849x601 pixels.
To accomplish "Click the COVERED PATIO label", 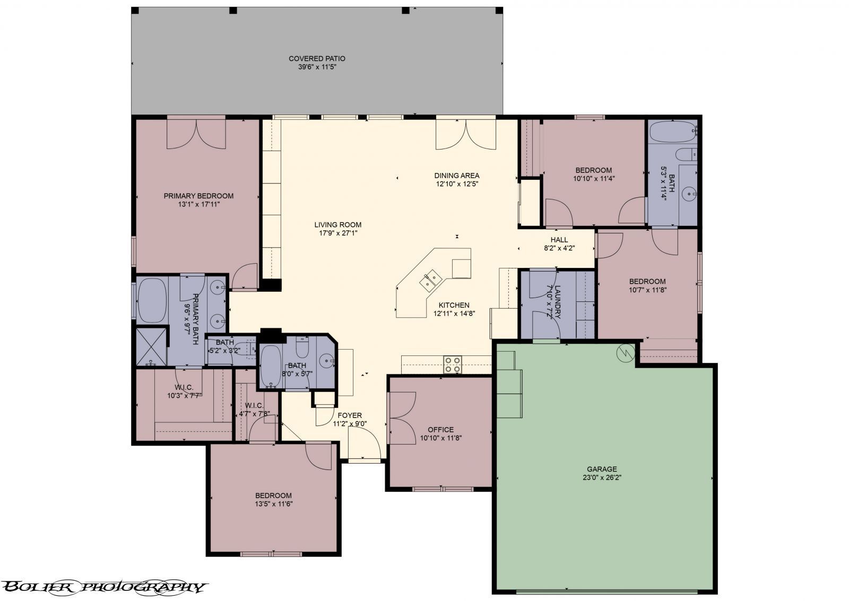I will coord(317,58).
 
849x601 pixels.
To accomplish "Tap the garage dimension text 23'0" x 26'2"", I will coord(602,477).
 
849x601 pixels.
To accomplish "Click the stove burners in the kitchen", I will coord(453,365).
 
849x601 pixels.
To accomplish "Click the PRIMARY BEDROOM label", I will coord(198,196).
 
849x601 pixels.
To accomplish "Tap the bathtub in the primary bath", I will coord(152,300).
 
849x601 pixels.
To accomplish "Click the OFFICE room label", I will coord(440,430).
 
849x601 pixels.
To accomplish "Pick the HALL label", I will coord(559,240).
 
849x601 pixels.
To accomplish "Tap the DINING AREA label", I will coord(456,176).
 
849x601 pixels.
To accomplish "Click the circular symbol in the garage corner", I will coord(626,353).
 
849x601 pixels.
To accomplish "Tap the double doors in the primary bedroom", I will coord(196,134).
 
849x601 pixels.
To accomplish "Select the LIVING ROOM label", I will coord(337,224).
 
